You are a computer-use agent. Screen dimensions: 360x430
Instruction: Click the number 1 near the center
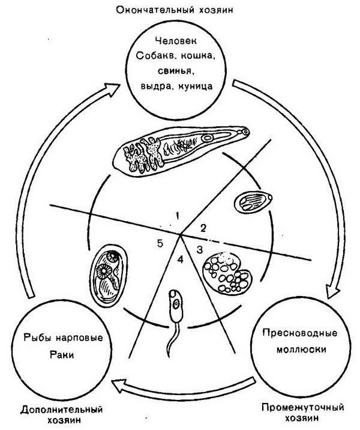coord(178,216)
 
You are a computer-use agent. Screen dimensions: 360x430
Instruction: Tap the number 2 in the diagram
coord(203,228)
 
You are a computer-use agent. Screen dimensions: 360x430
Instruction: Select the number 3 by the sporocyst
coord(200,250)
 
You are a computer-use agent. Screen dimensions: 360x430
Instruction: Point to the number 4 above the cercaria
coord(180,259)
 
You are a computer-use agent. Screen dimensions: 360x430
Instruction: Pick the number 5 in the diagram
coord(160,243)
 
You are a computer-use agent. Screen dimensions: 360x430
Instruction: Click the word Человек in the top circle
coord(176,41)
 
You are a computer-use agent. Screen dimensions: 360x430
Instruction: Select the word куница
coord(196,86)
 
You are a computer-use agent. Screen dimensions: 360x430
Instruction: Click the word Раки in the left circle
coord(62,354)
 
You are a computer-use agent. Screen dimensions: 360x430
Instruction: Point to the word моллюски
coord(301,350)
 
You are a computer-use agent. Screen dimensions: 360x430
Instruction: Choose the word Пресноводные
coord(300,333)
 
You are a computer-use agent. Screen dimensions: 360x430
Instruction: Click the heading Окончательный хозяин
coord(175,10)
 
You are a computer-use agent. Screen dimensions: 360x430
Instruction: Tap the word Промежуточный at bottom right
coord(302,407)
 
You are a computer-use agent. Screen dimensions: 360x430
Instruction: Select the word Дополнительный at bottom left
coord(61,410)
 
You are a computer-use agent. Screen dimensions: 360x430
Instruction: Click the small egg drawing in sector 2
coord(253,202)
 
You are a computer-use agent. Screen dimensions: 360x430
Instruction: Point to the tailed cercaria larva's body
coord(176,306)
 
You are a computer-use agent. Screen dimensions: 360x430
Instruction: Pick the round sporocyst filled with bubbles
coord(227,274)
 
